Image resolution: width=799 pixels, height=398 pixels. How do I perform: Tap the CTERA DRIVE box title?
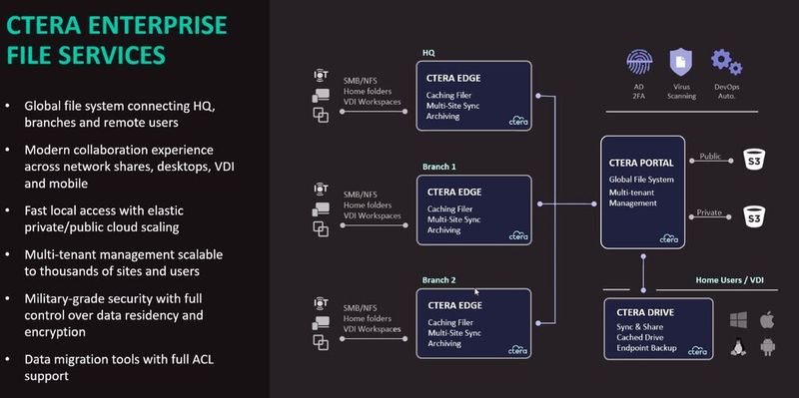tap(645, 311)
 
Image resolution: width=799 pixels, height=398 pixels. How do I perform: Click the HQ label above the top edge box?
tap(428, 55)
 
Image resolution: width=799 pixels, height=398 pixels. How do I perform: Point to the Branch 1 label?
tap(439, 169)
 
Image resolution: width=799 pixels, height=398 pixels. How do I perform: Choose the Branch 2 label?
tap(439, 280)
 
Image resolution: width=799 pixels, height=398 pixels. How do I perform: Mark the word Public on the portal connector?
tap(710, 156)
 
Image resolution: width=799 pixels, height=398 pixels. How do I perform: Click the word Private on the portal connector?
tap(710, 211)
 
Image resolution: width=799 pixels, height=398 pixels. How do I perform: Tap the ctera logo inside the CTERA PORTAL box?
tap(669, 237)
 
